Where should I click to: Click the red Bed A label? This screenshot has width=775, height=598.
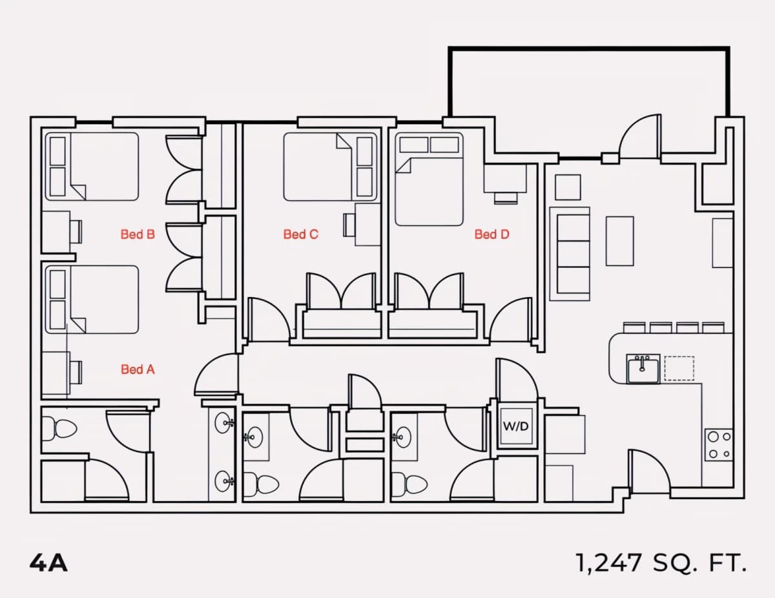tap(138, 369)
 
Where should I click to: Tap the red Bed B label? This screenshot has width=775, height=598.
tap(138, 234)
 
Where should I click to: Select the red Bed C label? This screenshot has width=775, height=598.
tap(301, 234)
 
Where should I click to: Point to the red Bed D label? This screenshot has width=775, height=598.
tap(492, 234)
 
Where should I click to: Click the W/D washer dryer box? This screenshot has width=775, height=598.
tap(516, 426)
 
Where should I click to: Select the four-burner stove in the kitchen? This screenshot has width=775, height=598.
tap(719, 445)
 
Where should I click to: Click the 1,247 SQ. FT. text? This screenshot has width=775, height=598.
tap(661, 562)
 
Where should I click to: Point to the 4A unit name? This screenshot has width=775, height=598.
tap(48, 563)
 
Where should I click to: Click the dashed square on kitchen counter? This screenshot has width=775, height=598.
tap(679, 368)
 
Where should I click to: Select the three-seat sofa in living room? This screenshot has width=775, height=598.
tap(570, 254)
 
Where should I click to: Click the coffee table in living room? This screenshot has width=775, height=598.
tap(620, 241)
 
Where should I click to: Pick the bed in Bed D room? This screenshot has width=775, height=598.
tap(429, 180)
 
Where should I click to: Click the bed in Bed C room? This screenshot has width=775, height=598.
tap(330, 167)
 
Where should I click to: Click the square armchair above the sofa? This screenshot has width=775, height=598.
tap(568, 187)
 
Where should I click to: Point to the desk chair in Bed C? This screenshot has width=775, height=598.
tap(349, 225)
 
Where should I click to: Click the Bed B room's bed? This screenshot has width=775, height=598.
tap(92, 167)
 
